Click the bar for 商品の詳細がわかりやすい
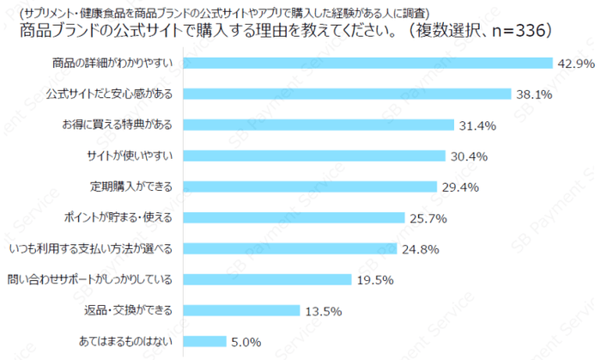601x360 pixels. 368,63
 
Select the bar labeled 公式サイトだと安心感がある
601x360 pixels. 348,94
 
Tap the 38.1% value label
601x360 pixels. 533,95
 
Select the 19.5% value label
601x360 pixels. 375,280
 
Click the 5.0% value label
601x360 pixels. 245,342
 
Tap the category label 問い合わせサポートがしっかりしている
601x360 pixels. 89,280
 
